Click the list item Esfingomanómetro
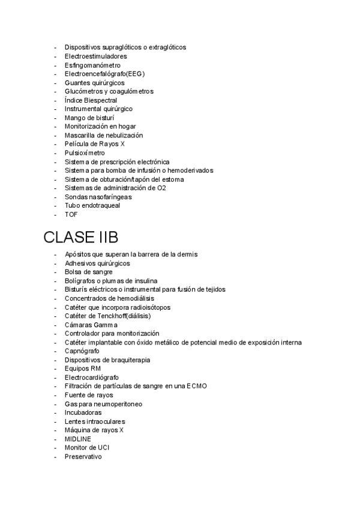92,65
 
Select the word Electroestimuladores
95,56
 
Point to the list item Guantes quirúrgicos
95,82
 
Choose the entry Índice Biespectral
91,100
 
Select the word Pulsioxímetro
85,153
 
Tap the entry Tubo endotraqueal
92,205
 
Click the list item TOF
71,214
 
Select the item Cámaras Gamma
91,325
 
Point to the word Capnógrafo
82,351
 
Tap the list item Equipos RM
83,368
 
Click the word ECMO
196,386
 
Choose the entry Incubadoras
83,412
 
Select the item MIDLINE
78,439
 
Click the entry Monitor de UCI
87,448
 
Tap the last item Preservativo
83,457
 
